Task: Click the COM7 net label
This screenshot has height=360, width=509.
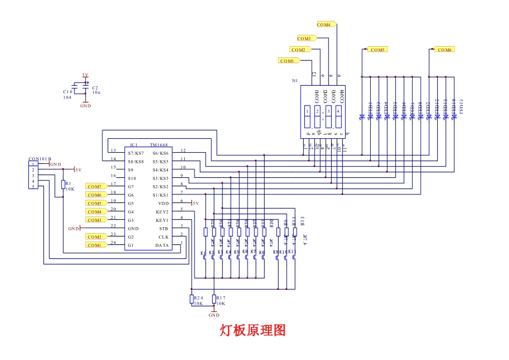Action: pos(94,186)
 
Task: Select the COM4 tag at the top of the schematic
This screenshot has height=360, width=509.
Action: pos(324,25)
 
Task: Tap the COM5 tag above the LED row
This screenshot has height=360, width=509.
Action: pos(378,49)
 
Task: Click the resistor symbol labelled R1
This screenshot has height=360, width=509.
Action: pos(64,185)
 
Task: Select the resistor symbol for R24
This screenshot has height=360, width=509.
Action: pos(192,299)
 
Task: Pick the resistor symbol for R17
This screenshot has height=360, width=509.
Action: pos(214,299)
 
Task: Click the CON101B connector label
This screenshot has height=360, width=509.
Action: pos(40,159)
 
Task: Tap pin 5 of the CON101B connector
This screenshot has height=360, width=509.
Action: pos(33,187)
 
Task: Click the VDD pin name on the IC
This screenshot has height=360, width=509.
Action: pos(163,204)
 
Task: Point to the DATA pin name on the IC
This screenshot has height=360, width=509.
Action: pos(162,245)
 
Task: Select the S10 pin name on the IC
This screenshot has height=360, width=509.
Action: pos(132,178)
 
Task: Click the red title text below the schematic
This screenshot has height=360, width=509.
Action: pos(253,330)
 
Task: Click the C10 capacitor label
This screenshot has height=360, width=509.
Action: pos(68,92)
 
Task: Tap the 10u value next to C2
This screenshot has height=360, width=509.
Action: pos(96,93)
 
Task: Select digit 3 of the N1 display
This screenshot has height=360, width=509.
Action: pos(328,111)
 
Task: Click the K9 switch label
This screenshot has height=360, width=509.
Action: pos(276,252)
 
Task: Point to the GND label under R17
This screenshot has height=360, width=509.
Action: pos(214,316)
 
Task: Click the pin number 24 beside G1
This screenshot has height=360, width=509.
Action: pos(113,243)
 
